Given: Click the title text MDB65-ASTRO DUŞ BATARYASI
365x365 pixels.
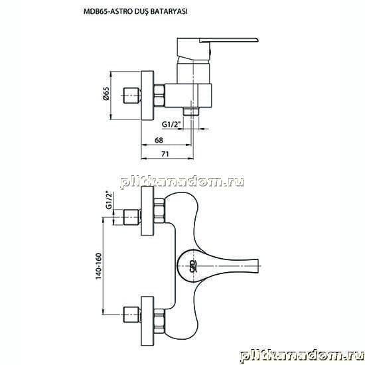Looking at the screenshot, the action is pyautogui.click(x=135, y=12).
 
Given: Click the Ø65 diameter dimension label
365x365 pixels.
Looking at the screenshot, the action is pyautogui.click(x=106, y=94).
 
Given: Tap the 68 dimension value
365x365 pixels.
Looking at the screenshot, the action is pyautogui.click(x=159, y=141).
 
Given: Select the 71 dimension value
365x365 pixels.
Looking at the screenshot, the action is pyautogui.click(x=165, y=154).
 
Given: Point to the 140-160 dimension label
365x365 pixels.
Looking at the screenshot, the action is pyautogui.click(x=99, y=266).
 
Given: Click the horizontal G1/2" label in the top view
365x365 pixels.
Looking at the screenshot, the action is pyautogui.click(x=171, y=125).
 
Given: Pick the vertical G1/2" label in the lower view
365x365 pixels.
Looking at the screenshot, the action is pyautogui.click(x=109, y=200).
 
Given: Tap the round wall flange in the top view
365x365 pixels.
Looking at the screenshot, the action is pyautogui.click(x=147, y=96).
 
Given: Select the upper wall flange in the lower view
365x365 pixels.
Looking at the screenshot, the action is pyautogui.click(x=147, y=211).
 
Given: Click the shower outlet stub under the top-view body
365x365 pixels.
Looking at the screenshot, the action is pyautogui.click(x=191, y=111).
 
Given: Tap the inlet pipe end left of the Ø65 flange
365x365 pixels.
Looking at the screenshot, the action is pyautogui.click(x=132, y=96).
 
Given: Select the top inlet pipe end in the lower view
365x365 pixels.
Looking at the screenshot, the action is pyautogui.click(x=132, y=218).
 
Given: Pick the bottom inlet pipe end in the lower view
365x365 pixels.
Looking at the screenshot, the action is pyautogui.click(x=132, y=315).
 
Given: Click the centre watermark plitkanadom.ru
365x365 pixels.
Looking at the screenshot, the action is pyautogui.click(x=183, y=182).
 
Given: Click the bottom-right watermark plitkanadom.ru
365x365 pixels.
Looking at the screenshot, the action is pyautogui.click(x=302, y=356).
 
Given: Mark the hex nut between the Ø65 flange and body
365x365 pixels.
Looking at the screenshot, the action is pyautogui.click(x=159, y=96).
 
